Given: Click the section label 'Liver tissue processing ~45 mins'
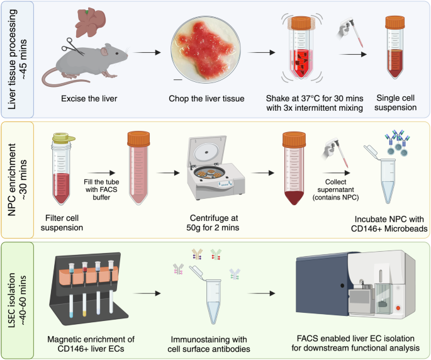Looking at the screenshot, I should (x=18, y=59).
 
